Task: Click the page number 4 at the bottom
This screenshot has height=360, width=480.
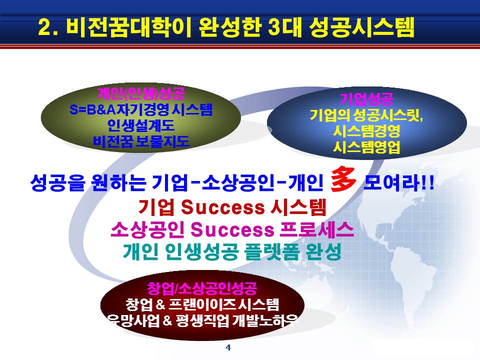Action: click(228, 347)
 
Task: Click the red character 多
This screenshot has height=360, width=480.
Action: click(343, 179)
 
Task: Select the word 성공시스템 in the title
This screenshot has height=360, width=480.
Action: click(361, 27)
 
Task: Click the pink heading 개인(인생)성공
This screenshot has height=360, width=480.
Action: click(141, 93)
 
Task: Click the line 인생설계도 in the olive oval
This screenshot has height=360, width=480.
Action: click(141, 125)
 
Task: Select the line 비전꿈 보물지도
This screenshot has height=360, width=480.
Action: click(141, 141)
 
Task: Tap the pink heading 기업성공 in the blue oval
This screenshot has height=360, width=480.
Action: click(366, 99)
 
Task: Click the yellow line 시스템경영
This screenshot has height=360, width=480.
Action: click(366, 131)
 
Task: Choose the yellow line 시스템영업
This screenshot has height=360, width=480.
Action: click(366, 147)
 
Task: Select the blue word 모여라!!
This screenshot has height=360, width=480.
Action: click(398, 183)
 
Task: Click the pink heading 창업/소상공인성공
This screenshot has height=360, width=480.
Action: click(202, 288)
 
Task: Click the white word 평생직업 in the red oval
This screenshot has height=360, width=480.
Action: click(202, 321)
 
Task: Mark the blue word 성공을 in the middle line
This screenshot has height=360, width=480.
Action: click(57, 183)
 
